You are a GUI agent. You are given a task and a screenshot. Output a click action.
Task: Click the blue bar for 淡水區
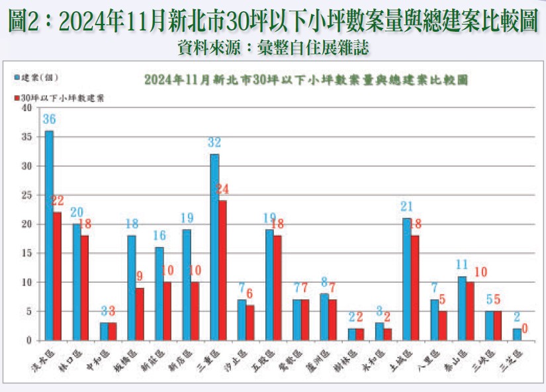click(49, 235)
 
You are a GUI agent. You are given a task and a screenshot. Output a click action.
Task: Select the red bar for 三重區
click(223, 270)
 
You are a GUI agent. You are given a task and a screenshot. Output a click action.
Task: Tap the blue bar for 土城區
click(407, 279)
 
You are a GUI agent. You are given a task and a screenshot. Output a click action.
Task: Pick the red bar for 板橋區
click(140, 314)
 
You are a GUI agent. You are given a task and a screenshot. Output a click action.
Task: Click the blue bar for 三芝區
click(517, 334)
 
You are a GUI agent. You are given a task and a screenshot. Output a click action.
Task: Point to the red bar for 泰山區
click(471, 311)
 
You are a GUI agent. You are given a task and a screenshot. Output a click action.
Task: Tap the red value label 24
click(223, 189)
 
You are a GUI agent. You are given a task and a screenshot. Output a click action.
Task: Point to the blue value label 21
click(407, 207)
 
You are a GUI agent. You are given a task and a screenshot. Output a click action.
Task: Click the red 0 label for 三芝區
click(525, 328)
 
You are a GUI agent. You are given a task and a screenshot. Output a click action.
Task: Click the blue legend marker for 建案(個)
click(17, 78)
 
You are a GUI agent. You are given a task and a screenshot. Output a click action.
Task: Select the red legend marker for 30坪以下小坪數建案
click(17, 97)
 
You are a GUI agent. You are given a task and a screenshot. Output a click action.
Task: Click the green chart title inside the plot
click(306, 79)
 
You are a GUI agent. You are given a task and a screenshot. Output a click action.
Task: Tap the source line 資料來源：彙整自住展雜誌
click(273, 47)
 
